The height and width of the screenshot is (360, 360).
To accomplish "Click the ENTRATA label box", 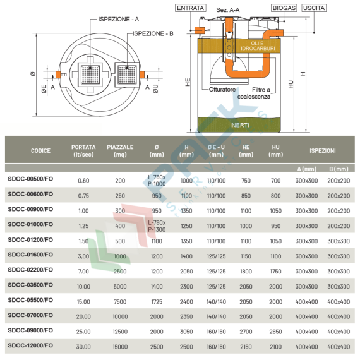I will (x=191, y=8).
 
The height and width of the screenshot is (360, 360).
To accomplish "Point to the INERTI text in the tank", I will (x=239, y=125).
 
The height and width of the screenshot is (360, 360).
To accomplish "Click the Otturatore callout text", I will (x=223, y=90).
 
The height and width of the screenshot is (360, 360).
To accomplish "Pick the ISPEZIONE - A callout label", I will (x=118, y=20).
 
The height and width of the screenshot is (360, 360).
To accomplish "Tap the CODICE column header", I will (x=41, y=151).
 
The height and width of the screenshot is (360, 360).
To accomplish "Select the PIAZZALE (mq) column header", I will (x=120, y=151).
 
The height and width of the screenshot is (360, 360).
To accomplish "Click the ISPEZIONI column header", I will (x=322, y=151).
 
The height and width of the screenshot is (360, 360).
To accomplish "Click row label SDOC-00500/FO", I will (x=31, y=180).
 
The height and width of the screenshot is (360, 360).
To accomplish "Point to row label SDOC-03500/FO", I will (x=31, y=285).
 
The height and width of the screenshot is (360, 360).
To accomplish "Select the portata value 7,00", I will (x=83, y=270).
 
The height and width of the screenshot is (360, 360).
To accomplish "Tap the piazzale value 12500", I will (x=120, y=331).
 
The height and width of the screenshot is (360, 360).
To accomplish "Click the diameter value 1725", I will (x=157, y=301).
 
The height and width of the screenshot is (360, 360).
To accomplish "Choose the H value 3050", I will (x=186, y=331).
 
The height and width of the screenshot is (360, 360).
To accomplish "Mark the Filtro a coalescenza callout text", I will (x=255, y=93).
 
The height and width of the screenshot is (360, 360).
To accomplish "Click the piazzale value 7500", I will (x=120, y=301).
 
